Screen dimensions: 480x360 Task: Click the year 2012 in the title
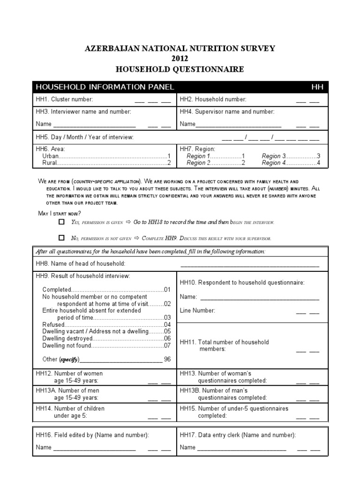click(x=180, y=59)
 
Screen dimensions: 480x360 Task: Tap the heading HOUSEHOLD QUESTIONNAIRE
click(x=180, y=69)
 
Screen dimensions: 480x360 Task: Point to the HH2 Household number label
click(x=213, y=99)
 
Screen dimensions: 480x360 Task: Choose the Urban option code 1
click(x=169, y=156)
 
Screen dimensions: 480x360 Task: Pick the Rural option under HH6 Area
click(x=49, y=163)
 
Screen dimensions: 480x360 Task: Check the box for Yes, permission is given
click(x=61, y=222)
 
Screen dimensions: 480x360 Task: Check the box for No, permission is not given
click(x=61, y=238)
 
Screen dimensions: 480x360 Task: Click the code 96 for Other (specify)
click(x=167, y=360)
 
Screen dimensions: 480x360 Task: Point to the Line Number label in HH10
click(x=197, y=310)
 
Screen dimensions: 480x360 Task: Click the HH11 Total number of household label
click(x=224, y=342)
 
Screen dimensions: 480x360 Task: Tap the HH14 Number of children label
click(x=70, y=408)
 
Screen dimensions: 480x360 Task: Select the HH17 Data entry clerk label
click(x=238, y=435)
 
